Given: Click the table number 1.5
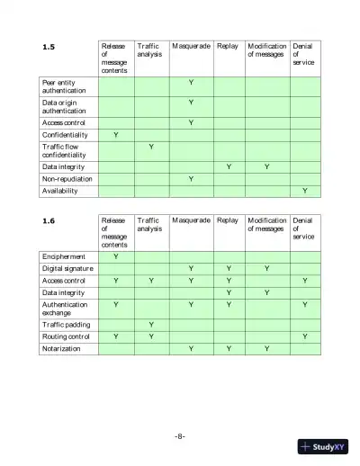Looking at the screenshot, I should (x=49, y=46).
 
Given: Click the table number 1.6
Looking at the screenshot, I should (x=49, y=220).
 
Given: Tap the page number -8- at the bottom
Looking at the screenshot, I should (x=180, y=435).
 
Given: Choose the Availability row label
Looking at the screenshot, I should (x=59, y=191).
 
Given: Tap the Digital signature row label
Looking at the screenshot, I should (x=67, y=268).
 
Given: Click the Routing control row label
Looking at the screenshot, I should (x=67, y=336).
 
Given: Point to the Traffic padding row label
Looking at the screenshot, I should (x=67, y=324).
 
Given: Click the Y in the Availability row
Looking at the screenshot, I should (x=305, y=191).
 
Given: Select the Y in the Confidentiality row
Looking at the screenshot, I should (x=115, y=134).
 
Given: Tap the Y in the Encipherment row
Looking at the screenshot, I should (x=115, y=256).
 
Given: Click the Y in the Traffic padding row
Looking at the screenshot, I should (x=150, y=324).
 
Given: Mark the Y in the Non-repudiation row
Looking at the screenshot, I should (x=191, y=178).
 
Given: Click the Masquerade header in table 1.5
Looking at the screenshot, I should (x=191, y=46).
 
